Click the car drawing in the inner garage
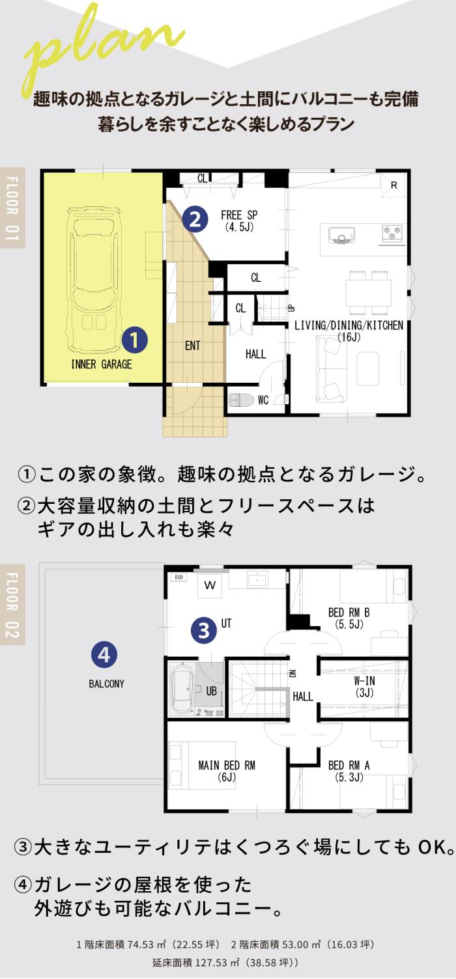click(x=93, y=280)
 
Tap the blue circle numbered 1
click(x=134, y=340)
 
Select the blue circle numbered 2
click(x=195, y=219)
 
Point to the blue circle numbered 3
click(x=204, y=630)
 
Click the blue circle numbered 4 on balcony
click(x=104, y=655)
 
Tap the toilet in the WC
click(x=242, y=400)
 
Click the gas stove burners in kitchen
click(x=392, y=232)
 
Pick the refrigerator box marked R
click(x=393, y=186)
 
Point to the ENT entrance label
click(x=192, y=346)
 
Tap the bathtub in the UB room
click(x=181, y=691)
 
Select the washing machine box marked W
click(x=210, y=586)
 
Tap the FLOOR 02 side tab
click(x=12, y=605)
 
